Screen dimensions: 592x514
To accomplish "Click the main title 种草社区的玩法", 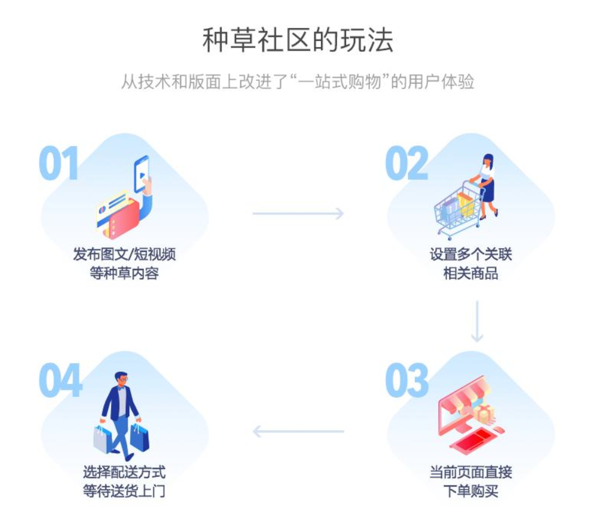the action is [x=297, y=40].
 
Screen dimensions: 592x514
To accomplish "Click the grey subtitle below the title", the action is [x=297, y=82].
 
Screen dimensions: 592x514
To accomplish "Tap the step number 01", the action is [x=59, y=163].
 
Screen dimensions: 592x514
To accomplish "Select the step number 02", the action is [x=406, y=163].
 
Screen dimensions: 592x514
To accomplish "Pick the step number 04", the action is [x=60, y=380].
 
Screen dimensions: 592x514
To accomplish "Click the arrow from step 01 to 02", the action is [x=298, y=213].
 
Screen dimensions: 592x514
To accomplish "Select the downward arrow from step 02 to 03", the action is [x=477, y=321].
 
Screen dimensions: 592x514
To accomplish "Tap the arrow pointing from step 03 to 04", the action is [x=298, y=431].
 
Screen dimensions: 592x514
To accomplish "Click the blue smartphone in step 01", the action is [x=142, y=174].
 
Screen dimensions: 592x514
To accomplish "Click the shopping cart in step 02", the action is [x=458, y=209].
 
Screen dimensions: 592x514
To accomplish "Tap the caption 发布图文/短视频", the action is [x=125, y=254].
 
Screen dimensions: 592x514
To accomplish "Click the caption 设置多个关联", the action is [x=471, y=254].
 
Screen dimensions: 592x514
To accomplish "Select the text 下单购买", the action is [x=471, y=491].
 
